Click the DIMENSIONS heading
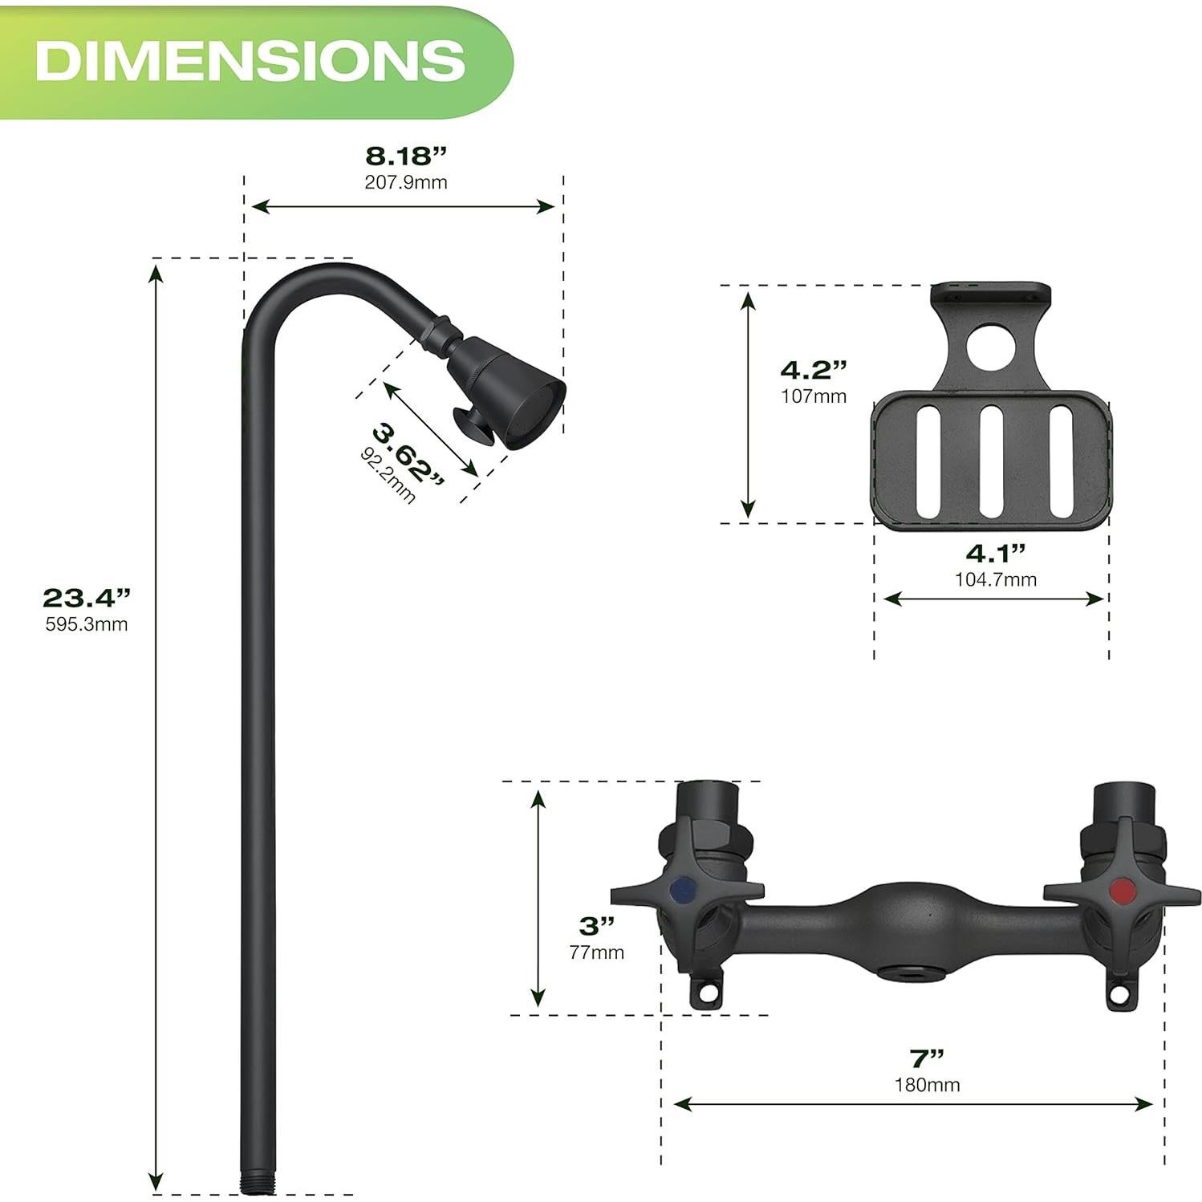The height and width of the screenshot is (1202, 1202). click(x=250, y=60)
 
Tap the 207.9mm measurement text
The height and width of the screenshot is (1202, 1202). click(x=405, y=182)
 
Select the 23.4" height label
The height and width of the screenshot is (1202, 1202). click(x=86, y=598)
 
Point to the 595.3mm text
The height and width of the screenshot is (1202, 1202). click(x=86, y=624)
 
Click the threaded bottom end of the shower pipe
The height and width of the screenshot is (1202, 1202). click(x=258, y=1182)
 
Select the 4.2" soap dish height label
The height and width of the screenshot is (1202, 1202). click(x=813, y=370)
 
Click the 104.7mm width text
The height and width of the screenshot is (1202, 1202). click(x=995, y=579)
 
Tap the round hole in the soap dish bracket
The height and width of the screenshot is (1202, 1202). click(x=990, y=346)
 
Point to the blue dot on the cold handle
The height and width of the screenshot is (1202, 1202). click(x=684, y=889)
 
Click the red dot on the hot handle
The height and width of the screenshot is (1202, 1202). click(x=1122, y=889)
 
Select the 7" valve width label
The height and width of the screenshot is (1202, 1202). click(x=926, y=1058)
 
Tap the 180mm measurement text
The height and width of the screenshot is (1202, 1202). click(x=927, y=1085)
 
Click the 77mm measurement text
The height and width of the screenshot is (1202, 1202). click(x=596, y=952)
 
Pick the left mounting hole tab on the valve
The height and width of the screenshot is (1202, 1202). click(x=706, y=993)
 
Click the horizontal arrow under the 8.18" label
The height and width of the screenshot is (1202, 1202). click(x=403, y=207)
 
